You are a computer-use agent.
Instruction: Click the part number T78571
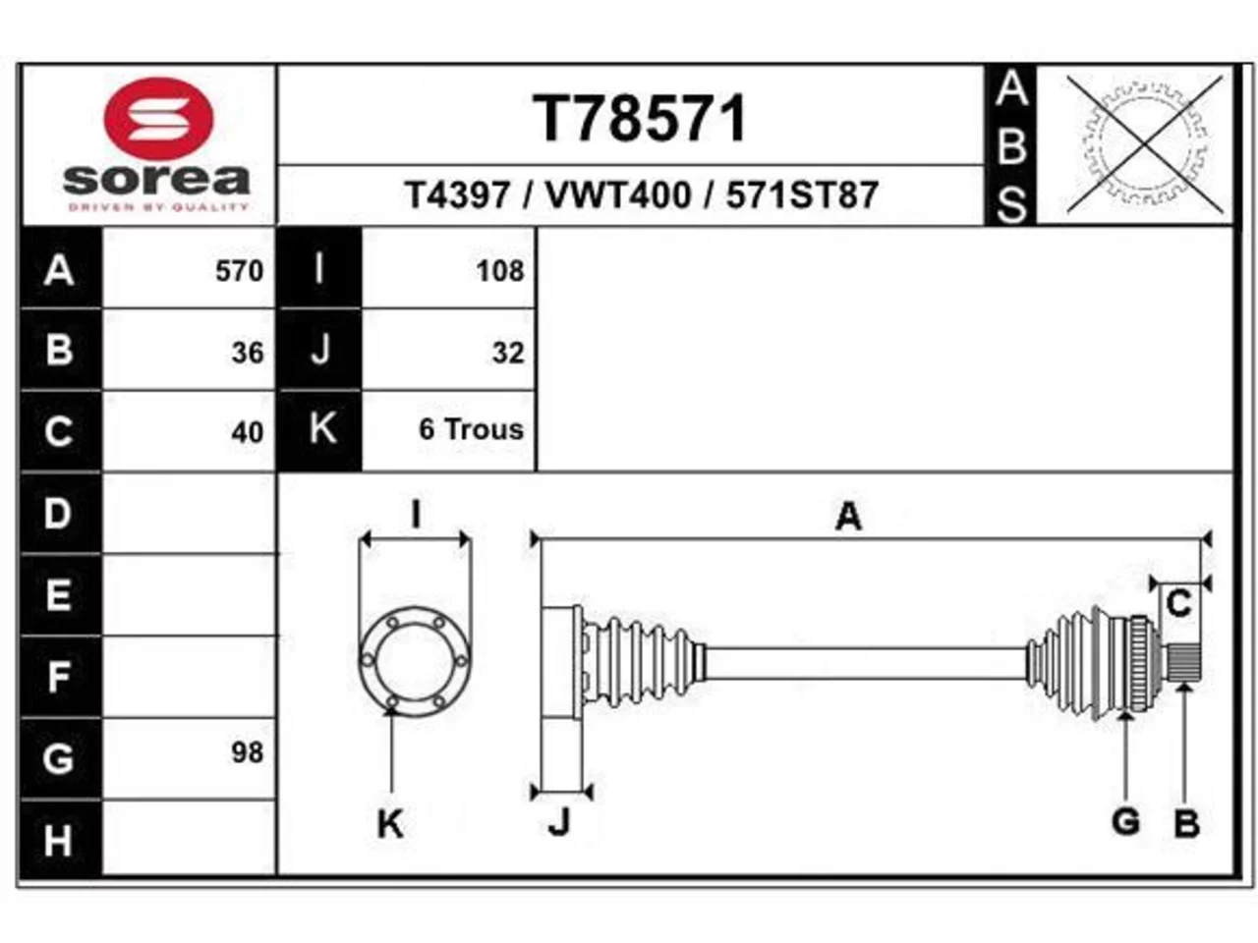coord(639,118)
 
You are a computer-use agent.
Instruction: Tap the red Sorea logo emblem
coord(158,119)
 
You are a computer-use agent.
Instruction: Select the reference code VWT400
coord(618,195)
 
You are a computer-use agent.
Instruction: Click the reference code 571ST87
coord(802,195)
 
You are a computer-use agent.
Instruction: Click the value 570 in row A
coord(239,271)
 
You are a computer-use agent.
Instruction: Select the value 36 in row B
coord(248,352)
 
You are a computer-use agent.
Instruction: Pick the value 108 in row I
coord(500,271)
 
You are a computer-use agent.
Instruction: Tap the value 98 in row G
coord(248,752)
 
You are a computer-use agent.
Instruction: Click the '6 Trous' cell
coord(471,429)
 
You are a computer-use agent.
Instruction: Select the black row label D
coord(59,514)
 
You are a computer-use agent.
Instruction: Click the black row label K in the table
coord(319,429)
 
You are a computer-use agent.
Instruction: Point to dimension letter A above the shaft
coord(848,517)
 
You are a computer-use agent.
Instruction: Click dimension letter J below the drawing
coord(559,823)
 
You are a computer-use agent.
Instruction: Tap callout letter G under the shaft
coord(1125,821)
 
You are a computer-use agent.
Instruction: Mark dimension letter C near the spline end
coord(1179,603)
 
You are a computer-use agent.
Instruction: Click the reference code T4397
coord(457,195)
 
